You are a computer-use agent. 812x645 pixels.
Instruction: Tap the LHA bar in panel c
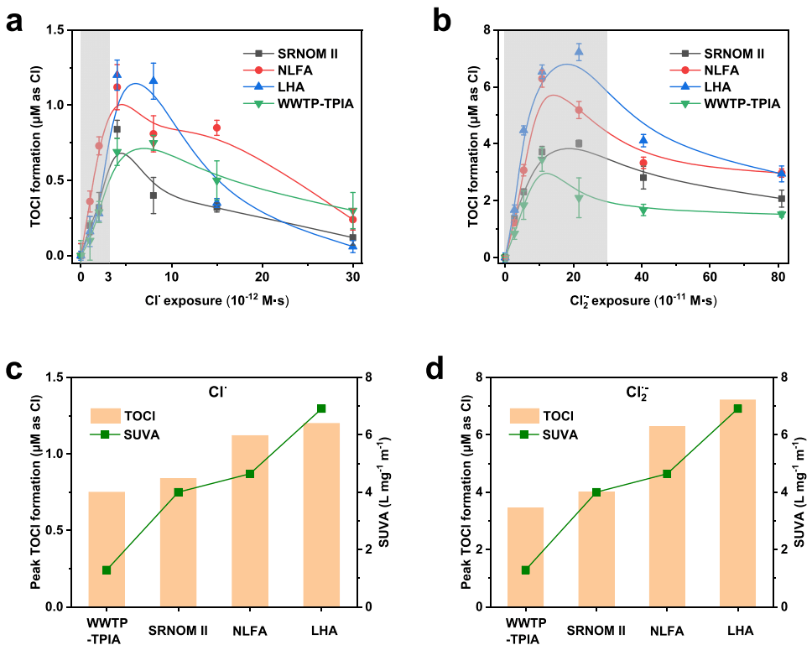[x=321, y=513]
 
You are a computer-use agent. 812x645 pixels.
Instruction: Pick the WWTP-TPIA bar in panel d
[x=525, y=556]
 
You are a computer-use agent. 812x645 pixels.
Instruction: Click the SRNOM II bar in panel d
[x=596, y=548]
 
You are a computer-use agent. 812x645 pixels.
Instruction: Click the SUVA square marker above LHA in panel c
[x=321, y=408]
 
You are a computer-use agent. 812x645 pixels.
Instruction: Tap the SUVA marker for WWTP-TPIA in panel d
[x=525, y=570]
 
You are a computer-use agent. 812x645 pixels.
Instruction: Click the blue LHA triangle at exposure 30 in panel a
[x=353, y=246]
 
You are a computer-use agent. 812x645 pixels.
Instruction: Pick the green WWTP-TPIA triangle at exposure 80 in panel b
[x=781, y=215]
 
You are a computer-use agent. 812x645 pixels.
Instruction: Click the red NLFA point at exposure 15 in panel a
[x=216, y=128]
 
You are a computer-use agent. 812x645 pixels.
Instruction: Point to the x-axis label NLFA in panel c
[x=250, y=631]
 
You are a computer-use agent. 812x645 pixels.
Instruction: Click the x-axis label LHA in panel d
[x=740, y=631]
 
